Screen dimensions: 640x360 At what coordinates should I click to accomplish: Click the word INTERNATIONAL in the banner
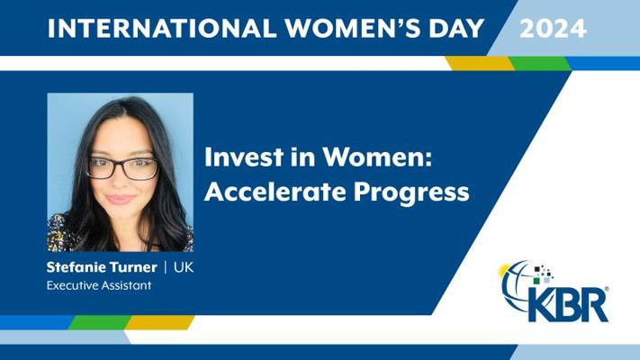[x=162, y=29]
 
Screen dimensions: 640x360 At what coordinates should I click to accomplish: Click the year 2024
[x=553, y=29]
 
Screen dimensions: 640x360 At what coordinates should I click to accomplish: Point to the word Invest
[x=244, y=157]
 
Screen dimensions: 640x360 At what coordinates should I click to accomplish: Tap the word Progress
[x=411, y=193]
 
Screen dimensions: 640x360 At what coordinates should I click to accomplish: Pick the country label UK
[x=184, y=267]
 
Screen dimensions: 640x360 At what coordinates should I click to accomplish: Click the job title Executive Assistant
[x=99, y=285]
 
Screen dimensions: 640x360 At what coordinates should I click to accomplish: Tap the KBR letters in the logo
[x=570, y=304]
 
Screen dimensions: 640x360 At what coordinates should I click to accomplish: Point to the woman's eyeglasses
[x=122, y=168]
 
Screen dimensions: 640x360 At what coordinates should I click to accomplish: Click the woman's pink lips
[x=121, y=199]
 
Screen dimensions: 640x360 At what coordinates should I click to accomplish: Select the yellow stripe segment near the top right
[x=481, y=63]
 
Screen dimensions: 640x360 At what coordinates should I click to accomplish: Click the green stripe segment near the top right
[x=539, y=63]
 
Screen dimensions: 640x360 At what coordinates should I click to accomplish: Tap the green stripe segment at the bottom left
[x=100, y=322]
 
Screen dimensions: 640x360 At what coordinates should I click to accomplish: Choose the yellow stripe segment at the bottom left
[x=159, y=322]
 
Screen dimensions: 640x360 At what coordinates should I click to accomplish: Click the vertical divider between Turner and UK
[x=166, y=268]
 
